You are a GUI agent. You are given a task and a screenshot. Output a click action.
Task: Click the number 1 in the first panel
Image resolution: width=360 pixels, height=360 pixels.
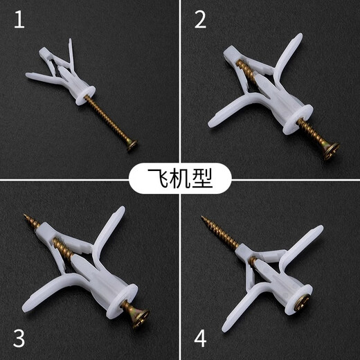coord(19,19)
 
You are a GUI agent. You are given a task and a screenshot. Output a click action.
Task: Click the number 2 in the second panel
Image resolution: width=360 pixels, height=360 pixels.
coord(201,19)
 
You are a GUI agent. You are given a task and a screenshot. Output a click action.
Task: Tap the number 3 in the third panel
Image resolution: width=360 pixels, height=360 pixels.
coord(19,339)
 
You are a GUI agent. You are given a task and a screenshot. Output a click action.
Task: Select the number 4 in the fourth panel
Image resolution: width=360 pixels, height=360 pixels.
coord(201,339)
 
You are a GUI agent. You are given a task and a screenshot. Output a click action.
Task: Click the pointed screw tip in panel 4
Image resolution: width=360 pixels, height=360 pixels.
coord(203,219)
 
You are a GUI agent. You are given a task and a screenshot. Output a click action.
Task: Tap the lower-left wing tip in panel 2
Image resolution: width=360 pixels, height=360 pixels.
coord(212,124)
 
